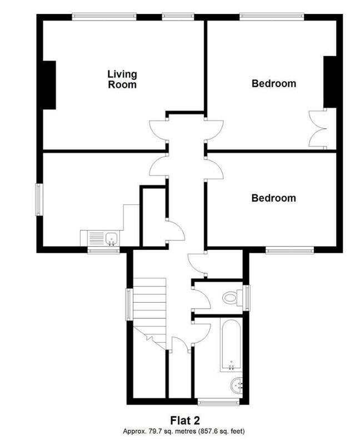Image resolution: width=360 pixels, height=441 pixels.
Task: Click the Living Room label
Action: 122,79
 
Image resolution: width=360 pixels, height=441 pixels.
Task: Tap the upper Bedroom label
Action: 274,84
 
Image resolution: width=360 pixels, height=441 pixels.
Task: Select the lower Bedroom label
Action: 274,198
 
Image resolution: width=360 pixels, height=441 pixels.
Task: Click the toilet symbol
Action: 232,297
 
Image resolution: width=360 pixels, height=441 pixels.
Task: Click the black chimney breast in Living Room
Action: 49,85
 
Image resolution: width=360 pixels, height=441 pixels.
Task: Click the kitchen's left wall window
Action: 38,199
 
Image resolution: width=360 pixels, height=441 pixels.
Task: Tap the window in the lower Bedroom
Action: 289,250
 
